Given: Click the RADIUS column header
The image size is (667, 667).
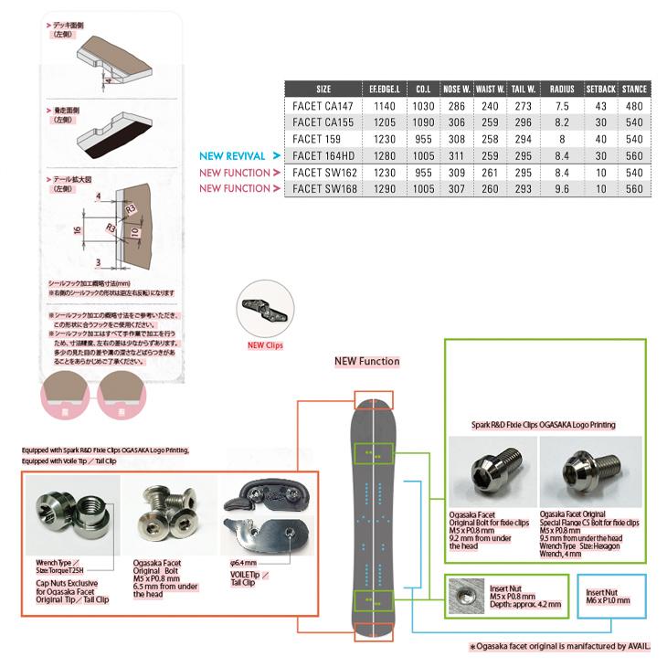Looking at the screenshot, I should (562, 90).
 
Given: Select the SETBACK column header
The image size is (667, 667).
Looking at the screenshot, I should (600, 90).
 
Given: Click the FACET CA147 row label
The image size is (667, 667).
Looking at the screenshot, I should (323, 107).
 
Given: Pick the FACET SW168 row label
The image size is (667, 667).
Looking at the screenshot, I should (323, 188).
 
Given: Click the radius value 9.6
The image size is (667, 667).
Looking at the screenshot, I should (562, 188).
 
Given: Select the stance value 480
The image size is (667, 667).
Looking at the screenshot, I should (634, 107).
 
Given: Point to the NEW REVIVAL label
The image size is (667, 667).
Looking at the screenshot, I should (233, 156).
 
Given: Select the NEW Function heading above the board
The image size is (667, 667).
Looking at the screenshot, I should (367, 361).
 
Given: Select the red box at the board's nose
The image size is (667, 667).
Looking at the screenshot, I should (373, 399).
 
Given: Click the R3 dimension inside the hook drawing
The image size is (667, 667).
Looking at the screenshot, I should (131, 209).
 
